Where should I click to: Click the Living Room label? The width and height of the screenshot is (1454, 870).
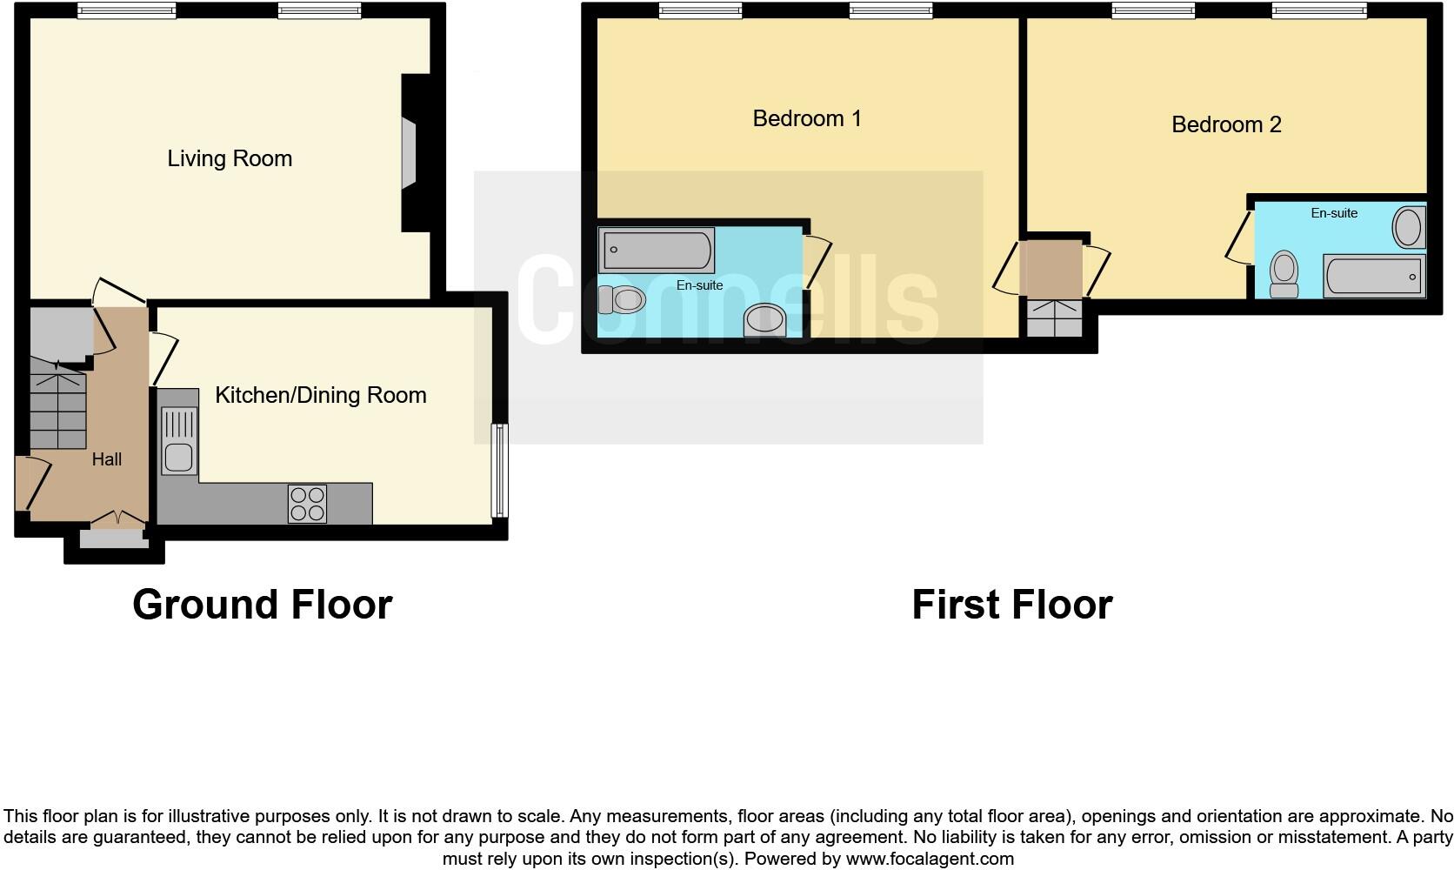[x=230, y=158]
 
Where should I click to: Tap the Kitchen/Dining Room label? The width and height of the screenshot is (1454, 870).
[x=320, y=395]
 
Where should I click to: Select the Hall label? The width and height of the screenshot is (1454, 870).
[x=107, y=459]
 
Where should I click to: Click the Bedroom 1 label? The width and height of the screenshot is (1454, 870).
[x=806, y=118]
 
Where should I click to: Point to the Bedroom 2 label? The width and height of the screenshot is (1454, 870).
[x=1225, y=124]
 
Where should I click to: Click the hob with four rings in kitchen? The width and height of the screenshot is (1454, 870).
[x=307, y=504]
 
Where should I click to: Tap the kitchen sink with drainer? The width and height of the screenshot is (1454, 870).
[x=179, y=441]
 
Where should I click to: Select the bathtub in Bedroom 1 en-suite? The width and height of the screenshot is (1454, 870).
[x=657, y=250]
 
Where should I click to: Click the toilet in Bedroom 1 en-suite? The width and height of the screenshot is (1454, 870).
[x=623, y=300]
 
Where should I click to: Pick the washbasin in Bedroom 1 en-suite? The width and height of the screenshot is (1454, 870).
[x=765, y=319]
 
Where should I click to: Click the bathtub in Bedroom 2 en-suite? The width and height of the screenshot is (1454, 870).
[x=1374, y=276]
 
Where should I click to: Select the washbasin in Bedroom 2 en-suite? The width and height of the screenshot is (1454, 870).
[x=1408, y=228]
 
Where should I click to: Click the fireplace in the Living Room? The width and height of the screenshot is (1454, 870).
[x=409, y=154]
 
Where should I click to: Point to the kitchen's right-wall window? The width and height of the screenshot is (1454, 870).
[x=499, y=470]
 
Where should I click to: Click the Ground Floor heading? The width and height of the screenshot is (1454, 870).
[x=262, y=604]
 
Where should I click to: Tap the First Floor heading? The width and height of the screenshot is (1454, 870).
[x=1011, y=604]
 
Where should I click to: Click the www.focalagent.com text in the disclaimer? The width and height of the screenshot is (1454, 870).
[x=929, y=859]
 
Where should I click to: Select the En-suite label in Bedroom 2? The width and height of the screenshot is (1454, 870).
[x=1334, y=213]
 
